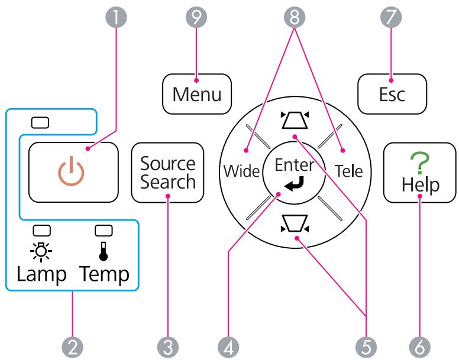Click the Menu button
(x=197, y=94)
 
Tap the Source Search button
(x=167, y=173)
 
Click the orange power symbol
(x=71, y=171)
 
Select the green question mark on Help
(x=420, y=163)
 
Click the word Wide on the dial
(x=241, y=171)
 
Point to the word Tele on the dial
(x=348, y=171)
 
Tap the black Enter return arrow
(x=295, y=184)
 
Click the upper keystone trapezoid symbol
(x=295, y=120)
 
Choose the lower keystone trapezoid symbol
(x=295, y=223)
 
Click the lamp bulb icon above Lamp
(x=41, y=251)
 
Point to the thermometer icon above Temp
(x=104, y=251)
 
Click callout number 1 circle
(x=116, y=17)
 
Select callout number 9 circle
(x=196, y=17)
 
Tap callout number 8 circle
(x=295, y=17)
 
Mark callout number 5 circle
(x=366, y=347)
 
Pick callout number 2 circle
(x=73, y=347)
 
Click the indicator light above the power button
(x=40, y=123)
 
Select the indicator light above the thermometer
(x=104, y=231)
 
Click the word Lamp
(x=41, y=274)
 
